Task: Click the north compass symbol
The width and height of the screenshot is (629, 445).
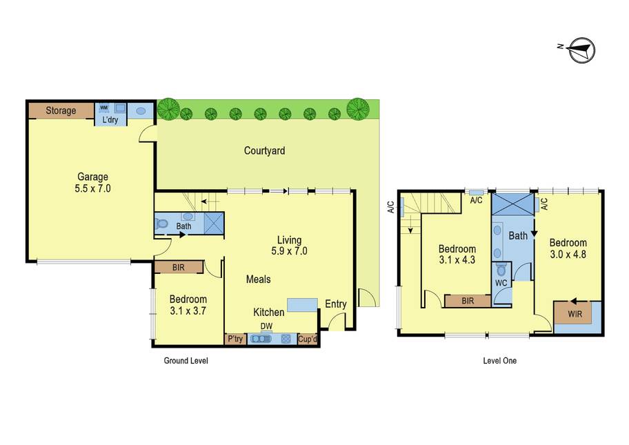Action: point(582,50)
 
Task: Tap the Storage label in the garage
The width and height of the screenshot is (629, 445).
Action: point(61,110)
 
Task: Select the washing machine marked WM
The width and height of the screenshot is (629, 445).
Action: point(104,108)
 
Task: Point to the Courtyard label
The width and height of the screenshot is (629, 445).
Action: point(264,151)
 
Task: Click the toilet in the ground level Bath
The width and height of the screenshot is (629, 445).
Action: point(161,224)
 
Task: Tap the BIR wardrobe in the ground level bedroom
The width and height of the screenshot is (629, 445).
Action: point(179,267)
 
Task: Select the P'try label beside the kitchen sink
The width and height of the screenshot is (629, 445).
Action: point(235,339)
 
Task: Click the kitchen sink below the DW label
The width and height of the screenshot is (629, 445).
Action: point(261,339)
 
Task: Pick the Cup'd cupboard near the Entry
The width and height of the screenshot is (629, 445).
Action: point(308,339)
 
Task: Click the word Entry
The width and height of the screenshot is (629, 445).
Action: point(336,304)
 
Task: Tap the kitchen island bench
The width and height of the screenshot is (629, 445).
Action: point(303,305)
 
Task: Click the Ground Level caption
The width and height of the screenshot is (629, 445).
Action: point(186,360)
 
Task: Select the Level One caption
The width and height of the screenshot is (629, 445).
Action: point(499,360)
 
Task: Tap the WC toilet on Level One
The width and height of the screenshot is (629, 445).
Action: point(501,270)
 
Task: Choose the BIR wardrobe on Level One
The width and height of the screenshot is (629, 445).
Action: point(468,301)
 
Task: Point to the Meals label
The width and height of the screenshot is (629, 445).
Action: point(259,279)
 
